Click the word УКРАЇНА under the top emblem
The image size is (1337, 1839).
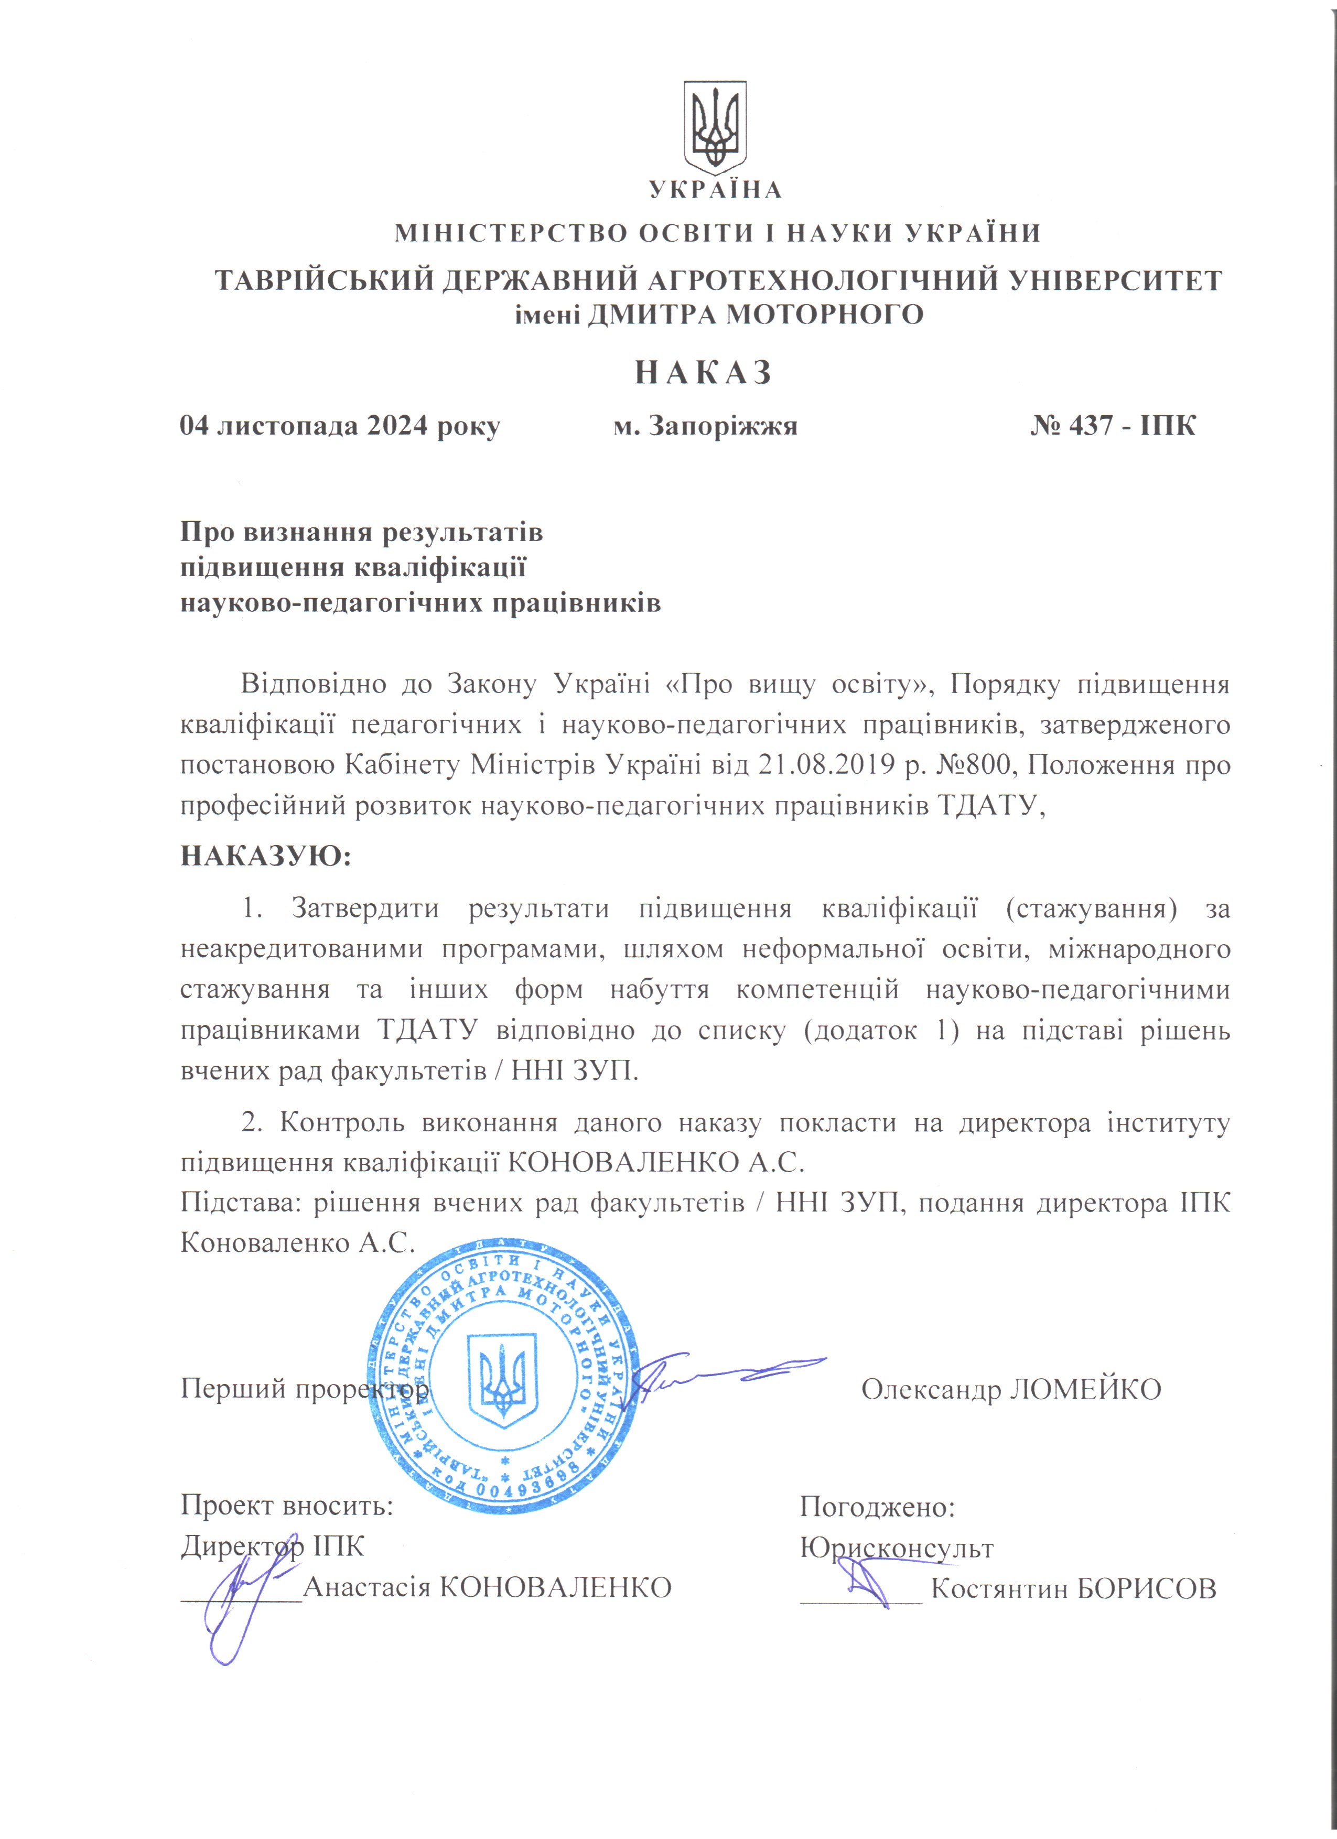click(x=716, y=190)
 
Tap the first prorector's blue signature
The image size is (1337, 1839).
click(x=721, y=1378)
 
